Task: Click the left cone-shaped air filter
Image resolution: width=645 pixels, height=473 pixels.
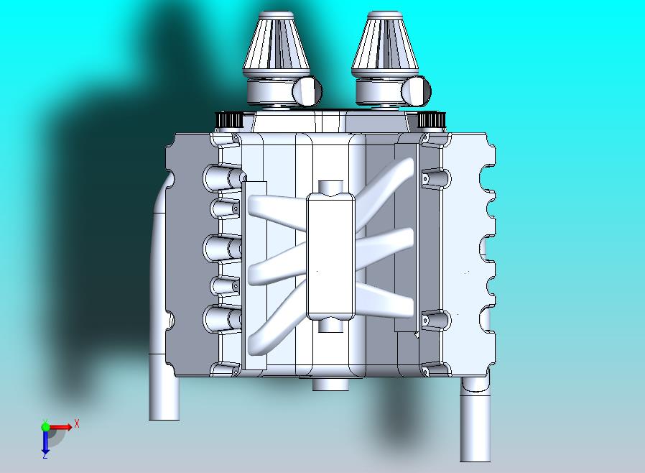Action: [x=277, y=45]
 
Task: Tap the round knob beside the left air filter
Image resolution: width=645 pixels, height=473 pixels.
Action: [x=308, y=91]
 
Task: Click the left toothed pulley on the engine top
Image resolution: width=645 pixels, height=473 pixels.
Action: [x=231, y=119]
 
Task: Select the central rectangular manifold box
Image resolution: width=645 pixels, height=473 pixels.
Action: [x=330, y=256]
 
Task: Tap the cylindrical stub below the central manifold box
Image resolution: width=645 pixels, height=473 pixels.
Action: [x=330, y=326]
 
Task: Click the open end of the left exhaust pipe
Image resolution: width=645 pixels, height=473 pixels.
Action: [x=164, y=413]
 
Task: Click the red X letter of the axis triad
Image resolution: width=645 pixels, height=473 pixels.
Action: [x=77, y=424]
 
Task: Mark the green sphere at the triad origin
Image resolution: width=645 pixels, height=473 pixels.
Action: [x=45, y=427]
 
